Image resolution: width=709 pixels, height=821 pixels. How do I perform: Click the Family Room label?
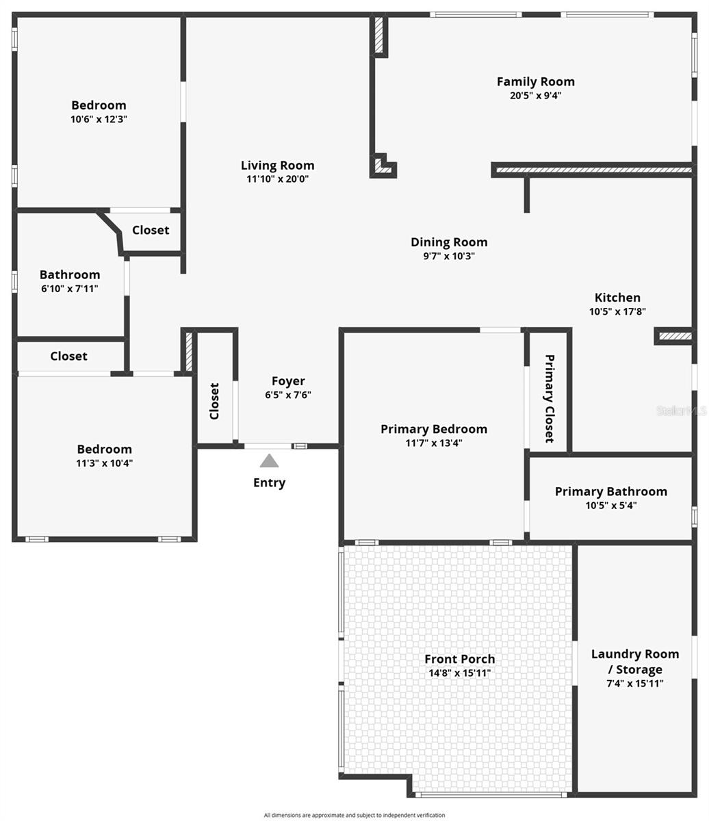[535, 82]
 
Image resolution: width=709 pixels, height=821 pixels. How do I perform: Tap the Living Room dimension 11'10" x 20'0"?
[277, 179]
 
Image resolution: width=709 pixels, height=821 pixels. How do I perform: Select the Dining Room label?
[449, 242]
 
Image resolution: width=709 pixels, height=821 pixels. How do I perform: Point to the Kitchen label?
[617, 298]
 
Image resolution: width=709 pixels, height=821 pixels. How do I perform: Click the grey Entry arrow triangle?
[269, 462]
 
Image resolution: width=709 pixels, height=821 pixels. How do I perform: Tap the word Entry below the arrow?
[269, 483]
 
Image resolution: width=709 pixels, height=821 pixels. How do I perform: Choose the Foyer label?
[288, 382]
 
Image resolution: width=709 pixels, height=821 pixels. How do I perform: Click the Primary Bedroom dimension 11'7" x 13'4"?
[434, 443]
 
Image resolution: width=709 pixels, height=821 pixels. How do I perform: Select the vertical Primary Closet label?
[549, 398]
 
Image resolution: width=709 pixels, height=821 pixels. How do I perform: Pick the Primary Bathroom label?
[610, 492]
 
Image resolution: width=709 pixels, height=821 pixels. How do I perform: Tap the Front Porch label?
[459, 660]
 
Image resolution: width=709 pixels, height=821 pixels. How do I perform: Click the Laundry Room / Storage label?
[634, 662]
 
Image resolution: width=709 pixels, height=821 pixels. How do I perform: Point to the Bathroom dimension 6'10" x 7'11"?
[69, 289]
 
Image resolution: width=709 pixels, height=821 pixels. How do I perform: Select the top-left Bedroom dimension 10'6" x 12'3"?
[99, 119]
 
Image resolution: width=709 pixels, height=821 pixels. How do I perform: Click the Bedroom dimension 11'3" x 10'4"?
[104, 463]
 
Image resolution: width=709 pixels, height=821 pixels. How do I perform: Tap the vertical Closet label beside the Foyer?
[214, 401]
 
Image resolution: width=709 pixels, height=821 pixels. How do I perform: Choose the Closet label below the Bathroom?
[68, 356]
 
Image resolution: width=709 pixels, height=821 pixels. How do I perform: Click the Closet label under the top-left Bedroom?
[151, 231]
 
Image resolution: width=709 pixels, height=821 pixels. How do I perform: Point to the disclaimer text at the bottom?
[354, 815]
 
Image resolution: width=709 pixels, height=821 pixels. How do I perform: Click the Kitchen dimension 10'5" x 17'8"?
[617, 311]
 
